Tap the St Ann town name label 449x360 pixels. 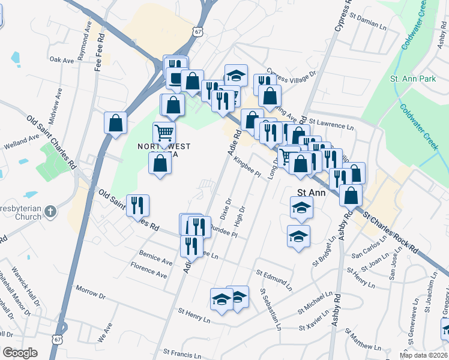312,193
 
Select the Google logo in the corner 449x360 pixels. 19,353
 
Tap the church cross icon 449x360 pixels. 50,211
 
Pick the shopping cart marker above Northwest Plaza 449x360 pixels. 164,133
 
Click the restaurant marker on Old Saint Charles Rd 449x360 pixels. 138,206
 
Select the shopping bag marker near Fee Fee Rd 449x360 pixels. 115,123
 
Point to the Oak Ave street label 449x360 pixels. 61,60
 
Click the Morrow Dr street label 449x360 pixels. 90,292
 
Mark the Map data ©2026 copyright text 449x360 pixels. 424,355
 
